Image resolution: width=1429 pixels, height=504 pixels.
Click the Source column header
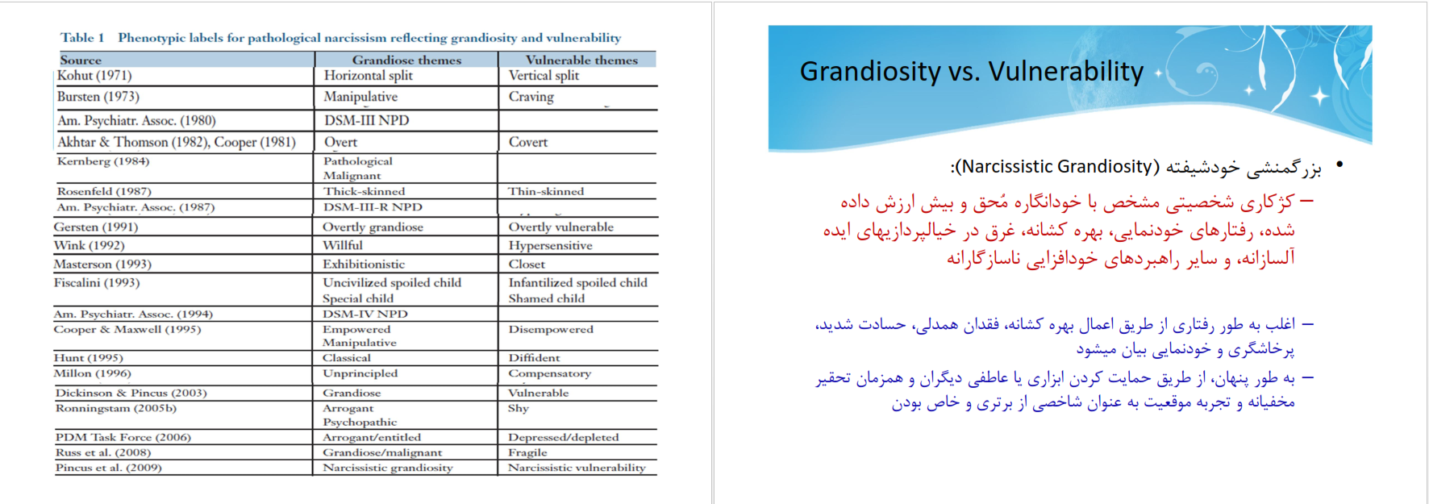(x=81, y=60)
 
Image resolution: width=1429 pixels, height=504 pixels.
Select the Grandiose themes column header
(x=406, y=60)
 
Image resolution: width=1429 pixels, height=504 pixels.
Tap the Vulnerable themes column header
(x=581, y=60)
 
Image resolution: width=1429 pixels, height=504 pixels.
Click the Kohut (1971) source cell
(x=94, y=75)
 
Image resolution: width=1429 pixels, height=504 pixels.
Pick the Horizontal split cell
(x=368, y=75)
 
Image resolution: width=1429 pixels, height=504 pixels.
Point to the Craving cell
(x=531, y=97)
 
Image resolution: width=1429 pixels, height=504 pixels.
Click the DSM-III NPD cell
(x=366, y=120)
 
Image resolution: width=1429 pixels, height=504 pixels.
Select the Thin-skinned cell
(x=546, y=191)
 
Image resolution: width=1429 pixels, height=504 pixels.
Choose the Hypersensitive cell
(x=550, y=245)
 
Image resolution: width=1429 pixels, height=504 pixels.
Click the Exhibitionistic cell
(x=364, y=264)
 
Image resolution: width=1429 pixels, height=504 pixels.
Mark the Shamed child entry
(x=547, y=298)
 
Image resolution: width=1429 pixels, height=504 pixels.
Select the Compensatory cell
(x=549, y=373)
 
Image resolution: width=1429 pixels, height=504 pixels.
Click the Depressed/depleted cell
(x=563, y=437)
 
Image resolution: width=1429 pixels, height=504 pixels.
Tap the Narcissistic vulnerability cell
(x=577, y=468)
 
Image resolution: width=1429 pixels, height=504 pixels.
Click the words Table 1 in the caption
(x=82, y=38)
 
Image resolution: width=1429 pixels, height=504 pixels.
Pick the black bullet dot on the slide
(x=1339, y=165)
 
